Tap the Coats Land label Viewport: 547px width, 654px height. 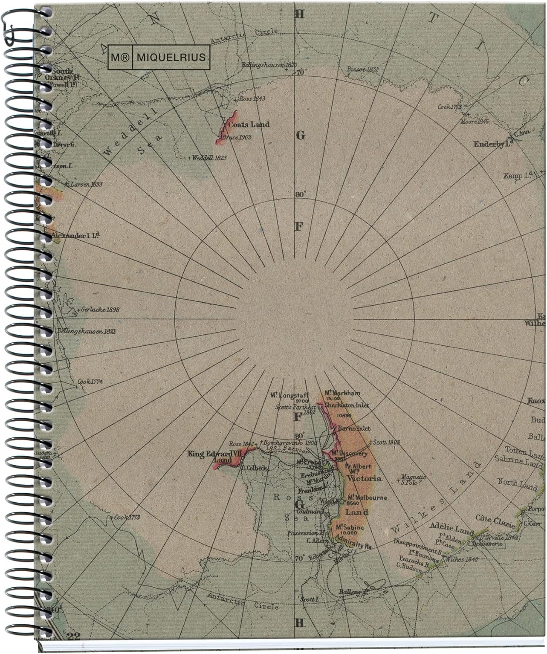pos(249,125)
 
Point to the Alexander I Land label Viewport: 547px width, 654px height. pos(75,236)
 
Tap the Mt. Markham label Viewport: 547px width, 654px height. pos(342,393)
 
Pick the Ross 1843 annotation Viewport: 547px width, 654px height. pos(252,99)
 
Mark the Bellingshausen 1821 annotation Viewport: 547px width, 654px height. pos(86,332)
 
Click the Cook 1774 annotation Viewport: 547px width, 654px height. pos(90,382)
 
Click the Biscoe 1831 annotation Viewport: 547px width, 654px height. pos(363,69)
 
